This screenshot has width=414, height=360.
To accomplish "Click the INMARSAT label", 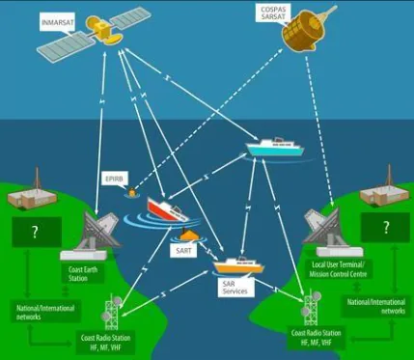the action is [x=58, y=22].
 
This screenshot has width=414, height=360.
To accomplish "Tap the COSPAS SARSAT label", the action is [x=273, y=14].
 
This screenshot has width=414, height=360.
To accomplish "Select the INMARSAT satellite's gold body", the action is [x=102, y=29].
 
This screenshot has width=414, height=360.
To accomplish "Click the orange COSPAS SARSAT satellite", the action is [x=305, y=28].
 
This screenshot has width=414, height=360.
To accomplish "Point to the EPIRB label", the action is [x=115, y=179].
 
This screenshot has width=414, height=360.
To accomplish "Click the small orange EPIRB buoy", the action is [x=131, y=192].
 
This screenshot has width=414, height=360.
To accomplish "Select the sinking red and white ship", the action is [x=167, y=209].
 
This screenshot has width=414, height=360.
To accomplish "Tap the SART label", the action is [x=183, y=251].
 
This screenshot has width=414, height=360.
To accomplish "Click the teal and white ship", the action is [x=275, y=147].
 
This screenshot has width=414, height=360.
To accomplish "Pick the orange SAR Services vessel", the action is [x=238, y=264].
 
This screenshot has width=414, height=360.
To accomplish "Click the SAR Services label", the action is [x=235, y=287].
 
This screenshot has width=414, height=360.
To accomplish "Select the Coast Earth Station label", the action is [x=83, y=274].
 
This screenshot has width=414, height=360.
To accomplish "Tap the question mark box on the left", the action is [x=37, y=232].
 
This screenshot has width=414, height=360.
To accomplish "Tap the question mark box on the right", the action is [x=385, y=228].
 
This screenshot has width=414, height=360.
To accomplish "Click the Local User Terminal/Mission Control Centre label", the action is [x=338, y=269].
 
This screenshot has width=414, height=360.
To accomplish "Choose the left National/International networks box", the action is [x=45, y=312].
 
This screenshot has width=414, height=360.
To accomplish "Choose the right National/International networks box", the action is [x=376, y=306].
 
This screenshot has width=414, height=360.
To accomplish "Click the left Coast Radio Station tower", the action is [x=111, y=312].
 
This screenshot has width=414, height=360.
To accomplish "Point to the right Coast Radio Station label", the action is [x=316, y=338].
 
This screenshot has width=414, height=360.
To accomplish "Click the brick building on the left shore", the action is [x=32, y=197].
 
